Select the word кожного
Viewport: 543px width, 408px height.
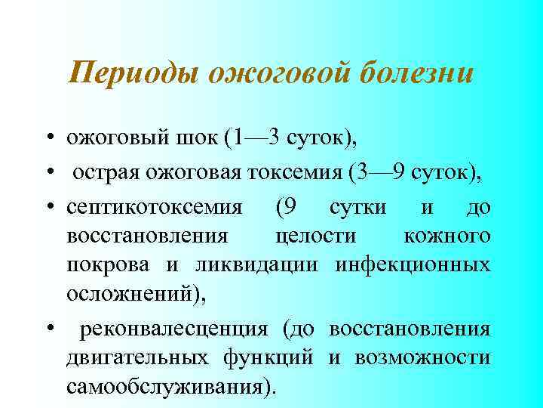[447, 236]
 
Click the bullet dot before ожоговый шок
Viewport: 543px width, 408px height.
[48, 138]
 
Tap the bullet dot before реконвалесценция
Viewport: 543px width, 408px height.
[48, 330]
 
